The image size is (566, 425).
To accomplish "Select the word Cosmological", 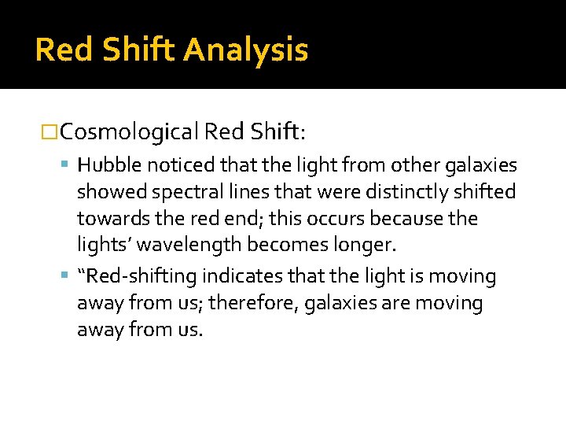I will [x=129, y=131].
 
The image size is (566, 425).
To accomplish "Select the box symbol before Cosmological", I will [x=50, y=131].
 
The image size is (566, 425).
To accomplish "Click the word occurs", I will [x=347, y=218].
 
